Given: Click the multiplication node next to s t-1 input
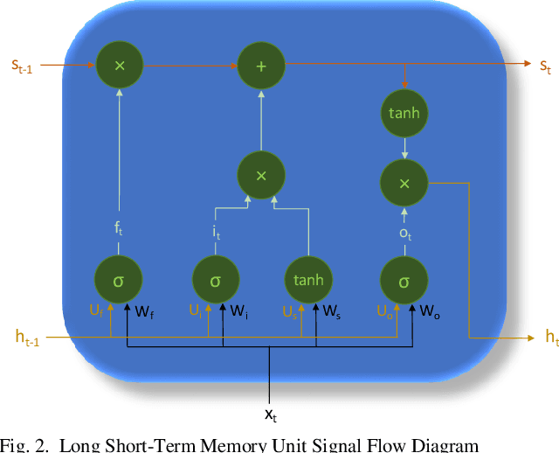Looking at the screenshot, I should click(x=120, y=65).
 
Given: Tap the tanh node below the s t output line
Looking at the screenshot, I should click(x=404, y=113).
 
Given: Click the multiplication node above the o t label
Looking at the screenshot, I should click(x=404, y=183).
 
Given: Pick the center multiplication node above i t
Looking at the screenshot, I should click(x=260, y=176).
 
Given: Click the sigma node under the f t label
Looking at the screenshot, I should click(x=119, y=281).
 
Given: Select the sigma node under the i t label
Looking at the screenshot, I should click(x=216, y=281).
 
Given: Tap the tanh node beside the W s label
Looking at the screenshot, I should click(x=307, y=280).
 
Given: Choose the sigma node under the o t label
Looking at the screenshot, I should click(x=404, y=281).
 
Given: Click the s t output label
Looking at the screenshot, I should click(x=544, y=66).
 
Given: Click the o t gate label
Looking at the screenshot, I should click(x=404, y=233).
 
